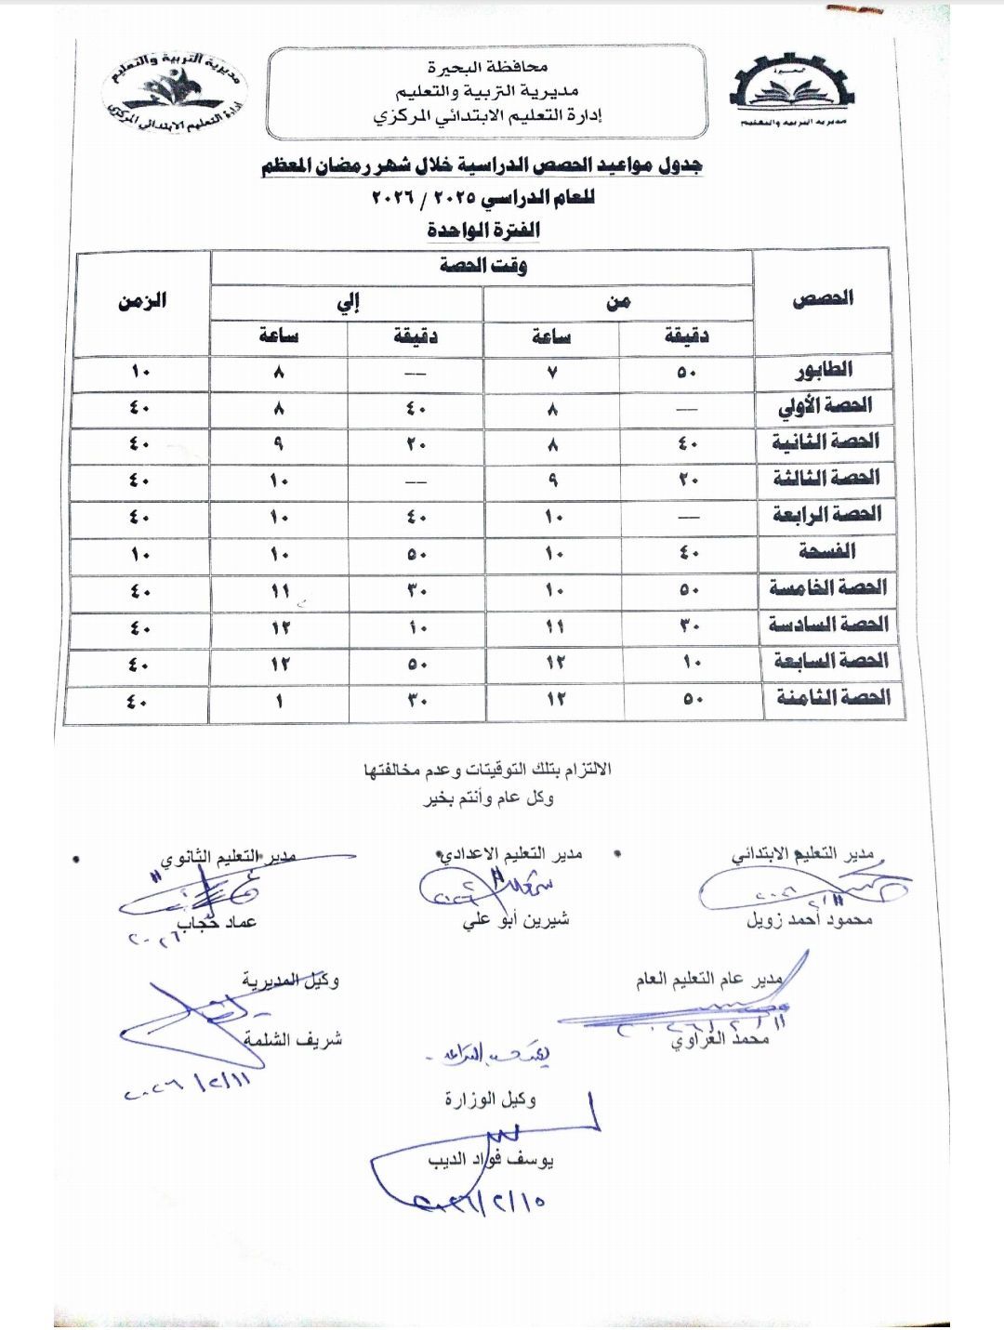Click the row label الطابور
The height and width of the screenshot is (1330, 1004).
pos(824,370)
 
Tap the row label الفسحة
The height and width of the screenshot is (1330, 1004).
pos(826,551)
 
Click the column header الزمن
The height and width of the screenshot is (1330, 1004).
pos(142,300)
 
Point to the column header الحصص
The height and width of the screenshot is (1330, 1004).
pos(823,298)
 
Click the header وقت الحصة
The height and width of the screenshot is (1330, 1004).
pos(483,266)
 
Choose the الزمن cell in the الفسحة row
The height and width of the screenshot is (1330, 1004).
pos(140,554)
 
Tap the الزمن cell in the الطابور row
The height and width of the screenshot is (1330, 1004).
pos(140,372)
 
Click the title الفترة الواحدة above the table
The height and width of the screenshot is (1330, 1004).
pos(483,229)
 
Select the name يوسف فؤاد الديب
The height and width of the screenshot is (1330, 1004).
pos(491,1160)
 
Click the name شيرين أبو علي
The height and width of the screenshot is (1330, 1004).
pos(516,920)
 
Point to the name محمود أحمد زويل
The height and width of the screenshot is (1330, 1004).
pos(809,920)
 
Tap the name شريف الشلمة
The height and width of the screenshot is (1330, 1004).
pos(293,1040)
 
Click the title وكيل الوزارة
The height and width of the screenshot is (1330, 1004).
pos(490,1100)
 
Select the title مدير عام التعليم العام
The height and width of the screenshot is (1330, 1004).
pos(708,980)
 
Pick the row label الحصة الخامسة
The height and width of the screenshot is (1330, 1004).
pos(827,587)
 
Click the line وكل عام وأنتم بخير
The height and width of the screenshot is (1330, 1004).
pos(489,797)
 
